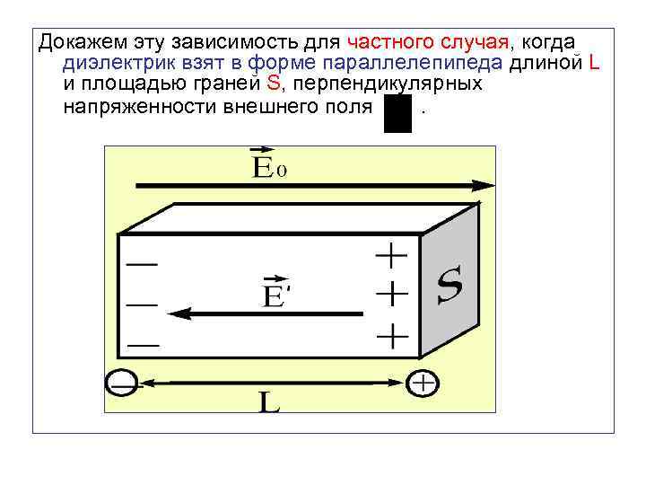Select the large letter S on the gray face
(x=450, y=287)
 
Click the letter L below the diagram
(x=269, y=402)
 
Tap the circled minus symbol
(x=120, y=384)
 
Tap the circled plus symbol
(x=422, y=384)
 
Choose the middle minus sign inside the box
(x=143, y=304)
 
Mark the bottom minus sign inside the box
(x=143, y=344)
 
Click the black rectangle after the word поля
(x=397, y=114)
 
